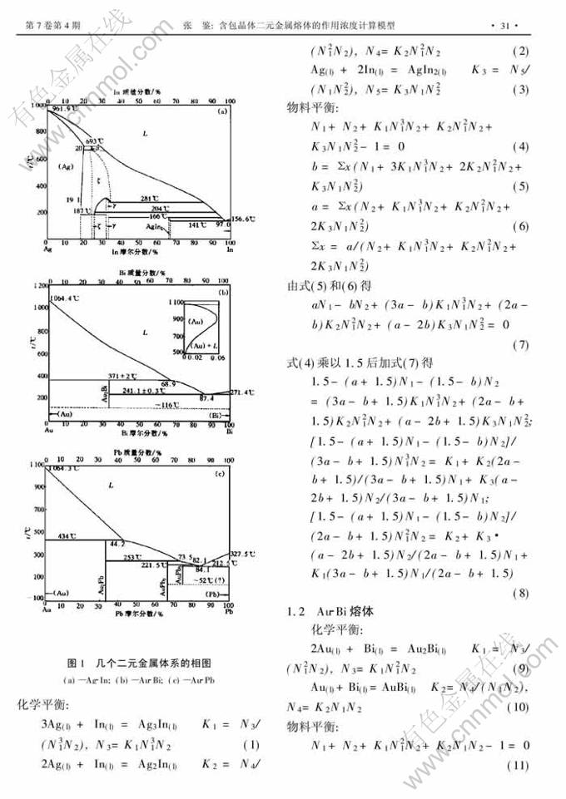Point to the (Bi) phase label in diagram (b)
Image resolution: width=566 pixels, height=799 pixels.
point(214,413)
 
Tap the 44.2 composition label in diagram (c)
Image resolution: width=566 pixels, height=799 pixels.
point(117,543)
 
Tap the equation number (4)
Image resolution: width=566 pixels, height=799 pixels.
point(521,147)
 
